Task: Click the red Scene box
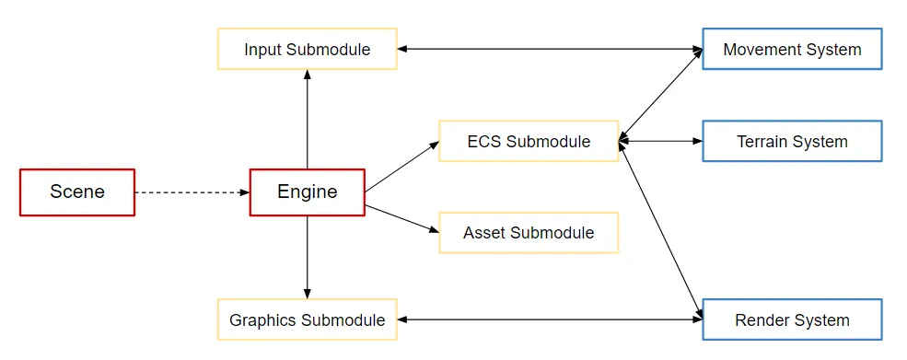click(x=77, y=192)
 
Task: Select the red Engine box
click(x=307, y=192)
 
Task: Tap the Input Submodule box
click(x=307, y=49)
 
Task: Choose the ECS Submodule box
click(x=529, y=141)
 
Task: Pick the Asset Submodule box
click(x=529, y=233)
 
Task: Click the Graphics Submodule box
click(x=307, y=319)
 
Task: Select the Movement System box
click(x=792, y=49)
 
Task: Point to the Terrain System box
click(x=792, y=141)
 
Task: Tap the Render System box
click(x=792, y=319)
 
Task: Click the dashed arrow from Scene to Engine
click(x=192, y=192)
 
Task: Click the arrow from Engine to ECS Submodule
click(x=401, y=167)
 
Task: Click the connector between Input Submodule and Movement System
click(x=550, y=49)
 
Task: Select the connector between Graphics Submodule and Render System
click(x=550, y=319)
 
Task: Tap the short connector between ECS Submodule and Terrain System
click(x=661, y=141)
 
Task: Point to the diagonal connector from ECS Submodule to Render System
click(x=661, y=229)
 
